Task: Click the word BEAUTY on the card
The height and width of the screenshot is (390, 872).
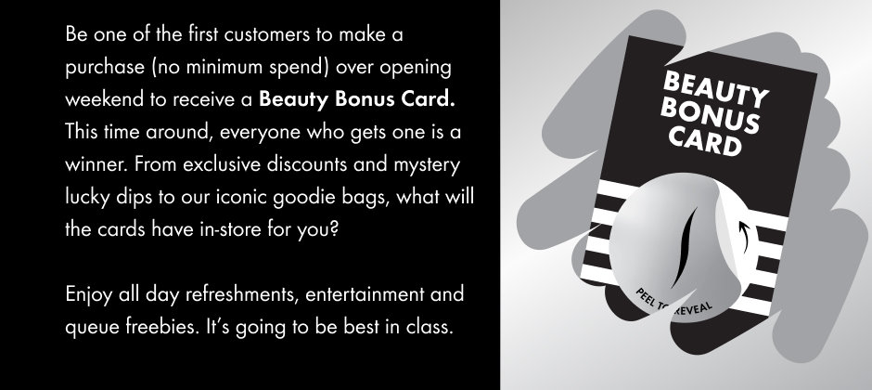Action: tap(716, 89)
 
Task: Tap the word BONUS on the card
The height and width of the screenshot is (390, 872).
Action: tap(710, 116)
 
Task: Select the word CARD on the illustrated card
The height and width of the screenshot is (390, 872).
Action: tap(705, 139)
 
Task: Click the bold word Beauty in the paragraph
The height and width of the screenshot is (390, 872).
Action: tap(294, 99)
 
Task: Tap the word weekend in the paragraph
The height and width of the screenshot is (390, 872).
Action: tap(104, 99)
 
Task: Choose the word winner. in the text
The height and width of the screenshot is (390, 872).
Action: tap(96, 165)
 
